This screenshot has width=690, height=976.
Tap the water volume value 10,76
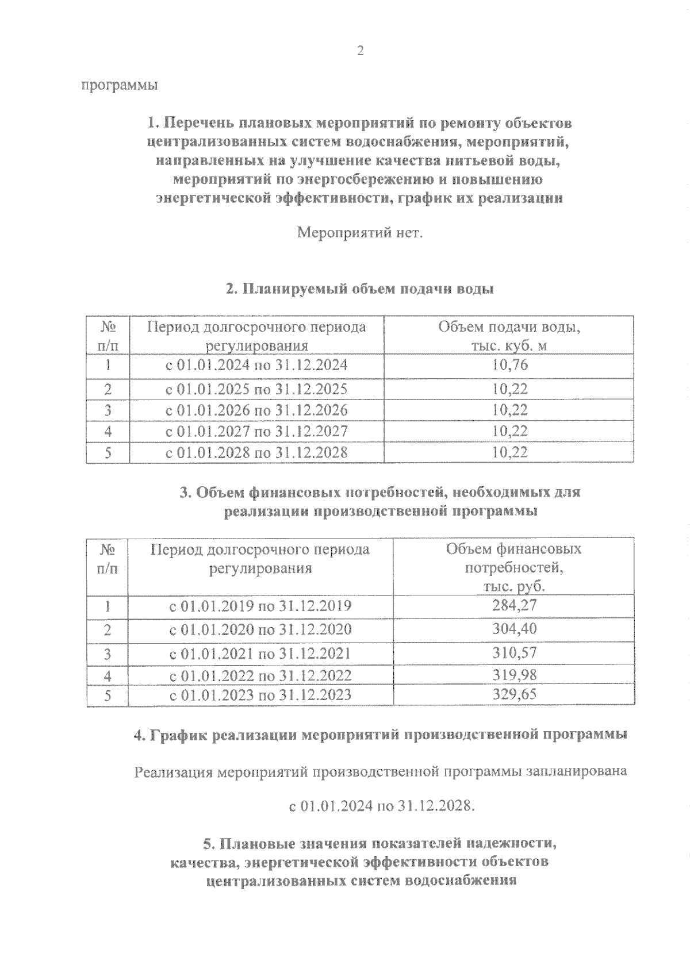coord(509,365)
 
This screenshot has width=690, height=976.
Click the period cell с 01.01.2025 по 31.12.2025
coord(256,389)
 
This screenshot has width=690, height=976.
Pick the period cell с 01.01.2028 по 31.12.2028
coord(256,452)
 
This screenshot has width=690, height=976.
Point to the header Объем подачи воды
coord(509,327)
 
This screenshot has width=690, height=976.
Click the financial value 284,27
coord(514,605)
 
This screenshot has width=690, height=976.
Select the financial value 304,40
coord(514,629)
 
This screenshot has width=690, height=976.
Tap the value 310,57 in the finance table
coord(514,653)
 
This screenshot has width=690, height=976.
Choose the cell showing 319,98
coord(514,674)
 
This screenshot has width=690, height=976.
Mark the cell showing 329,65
coord(514,694)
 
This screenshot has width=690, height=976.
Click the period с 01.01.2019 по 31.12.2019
coord(260,606)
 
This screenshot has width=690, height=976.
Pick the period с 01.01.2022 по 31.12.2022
coord(260,675)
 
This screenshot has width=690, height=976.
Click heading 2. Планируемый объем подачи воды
coord(360,289)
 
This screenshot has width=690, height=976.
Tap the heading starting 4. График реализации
coord(379,735)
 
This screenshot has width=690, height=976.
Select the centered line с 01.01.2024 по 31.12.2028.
coord(382,806)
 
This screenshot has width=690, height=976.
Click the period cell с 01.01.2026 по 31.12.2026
coord(256,410)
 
